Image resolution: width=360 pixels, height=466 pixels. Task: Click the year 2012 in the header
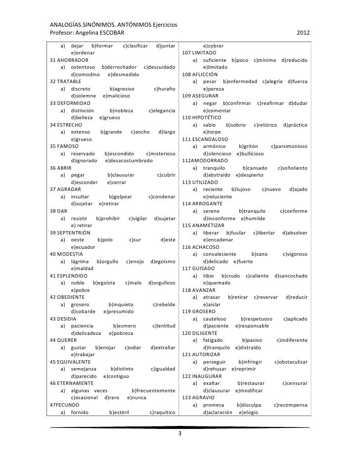303,34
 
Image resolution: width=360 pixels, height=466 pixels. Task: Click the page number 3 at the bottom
180,434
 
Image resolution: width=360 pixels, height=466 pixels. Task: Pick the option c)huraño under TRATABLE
165,89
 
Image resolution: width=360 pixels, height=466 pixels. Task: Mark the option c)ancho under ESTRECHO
140,132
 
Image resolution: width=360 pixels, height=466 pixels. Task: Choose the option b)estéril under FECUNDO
121,412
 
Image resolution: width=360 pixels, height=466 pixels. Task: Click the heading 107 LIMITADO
199,52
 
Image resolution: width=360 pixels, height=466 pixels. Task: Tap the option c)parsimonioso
289,146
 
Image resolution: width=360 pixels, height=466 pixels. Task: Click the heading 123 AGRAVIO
198,397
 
